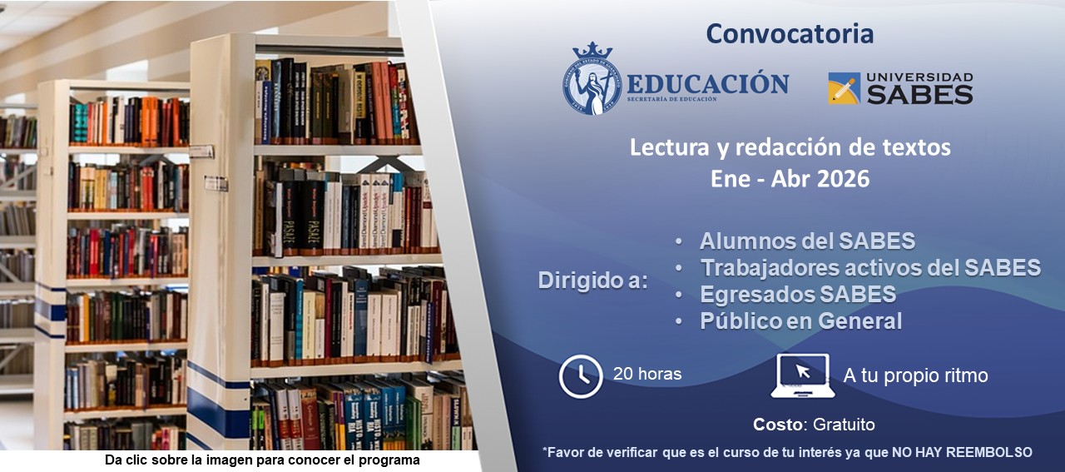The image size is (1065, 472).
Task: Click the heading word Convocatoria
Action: [x=790, y=34]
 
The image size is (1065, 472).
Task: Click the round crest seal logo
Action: [x=592, y=78]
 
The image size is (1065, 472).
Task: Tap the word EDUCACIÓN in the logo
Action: [x=707, y=83]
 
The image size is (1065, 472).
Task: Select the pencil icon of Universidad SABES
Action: [x=844, y=88]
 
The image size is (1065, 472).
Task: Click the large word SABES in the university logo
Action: [x=919, y=95]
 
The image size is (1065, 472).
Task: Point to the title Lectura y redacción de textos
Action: [x=790, y=148]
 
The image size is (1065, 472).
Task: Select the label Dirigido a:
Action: [x=592, y=281]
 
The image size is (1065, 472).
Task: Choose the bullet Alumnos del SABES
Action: [x=807, y=241]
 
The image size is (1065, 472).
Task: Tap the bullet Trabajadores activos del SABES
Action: [x=870, y=267]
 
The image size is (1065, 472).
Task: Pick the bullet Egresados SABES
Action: [x=797, y=294]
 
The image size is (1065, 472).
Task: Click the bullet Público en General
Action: [x=800, y=320]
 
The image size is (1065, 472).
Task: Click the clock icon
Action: [x=581, y=376]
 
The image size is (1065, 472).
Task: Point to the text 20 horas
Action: [x=647, y=374]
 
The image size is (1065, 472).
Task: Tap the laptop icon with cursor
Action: [x=802, y=375]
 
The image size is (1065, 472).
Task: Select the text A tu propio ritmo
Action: [x=915, y=375]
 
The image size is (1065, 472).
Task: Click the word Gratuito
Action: [x=844, y=425]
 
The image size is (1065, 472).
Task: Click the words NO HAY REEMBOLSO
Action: [x=962, y=452]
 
